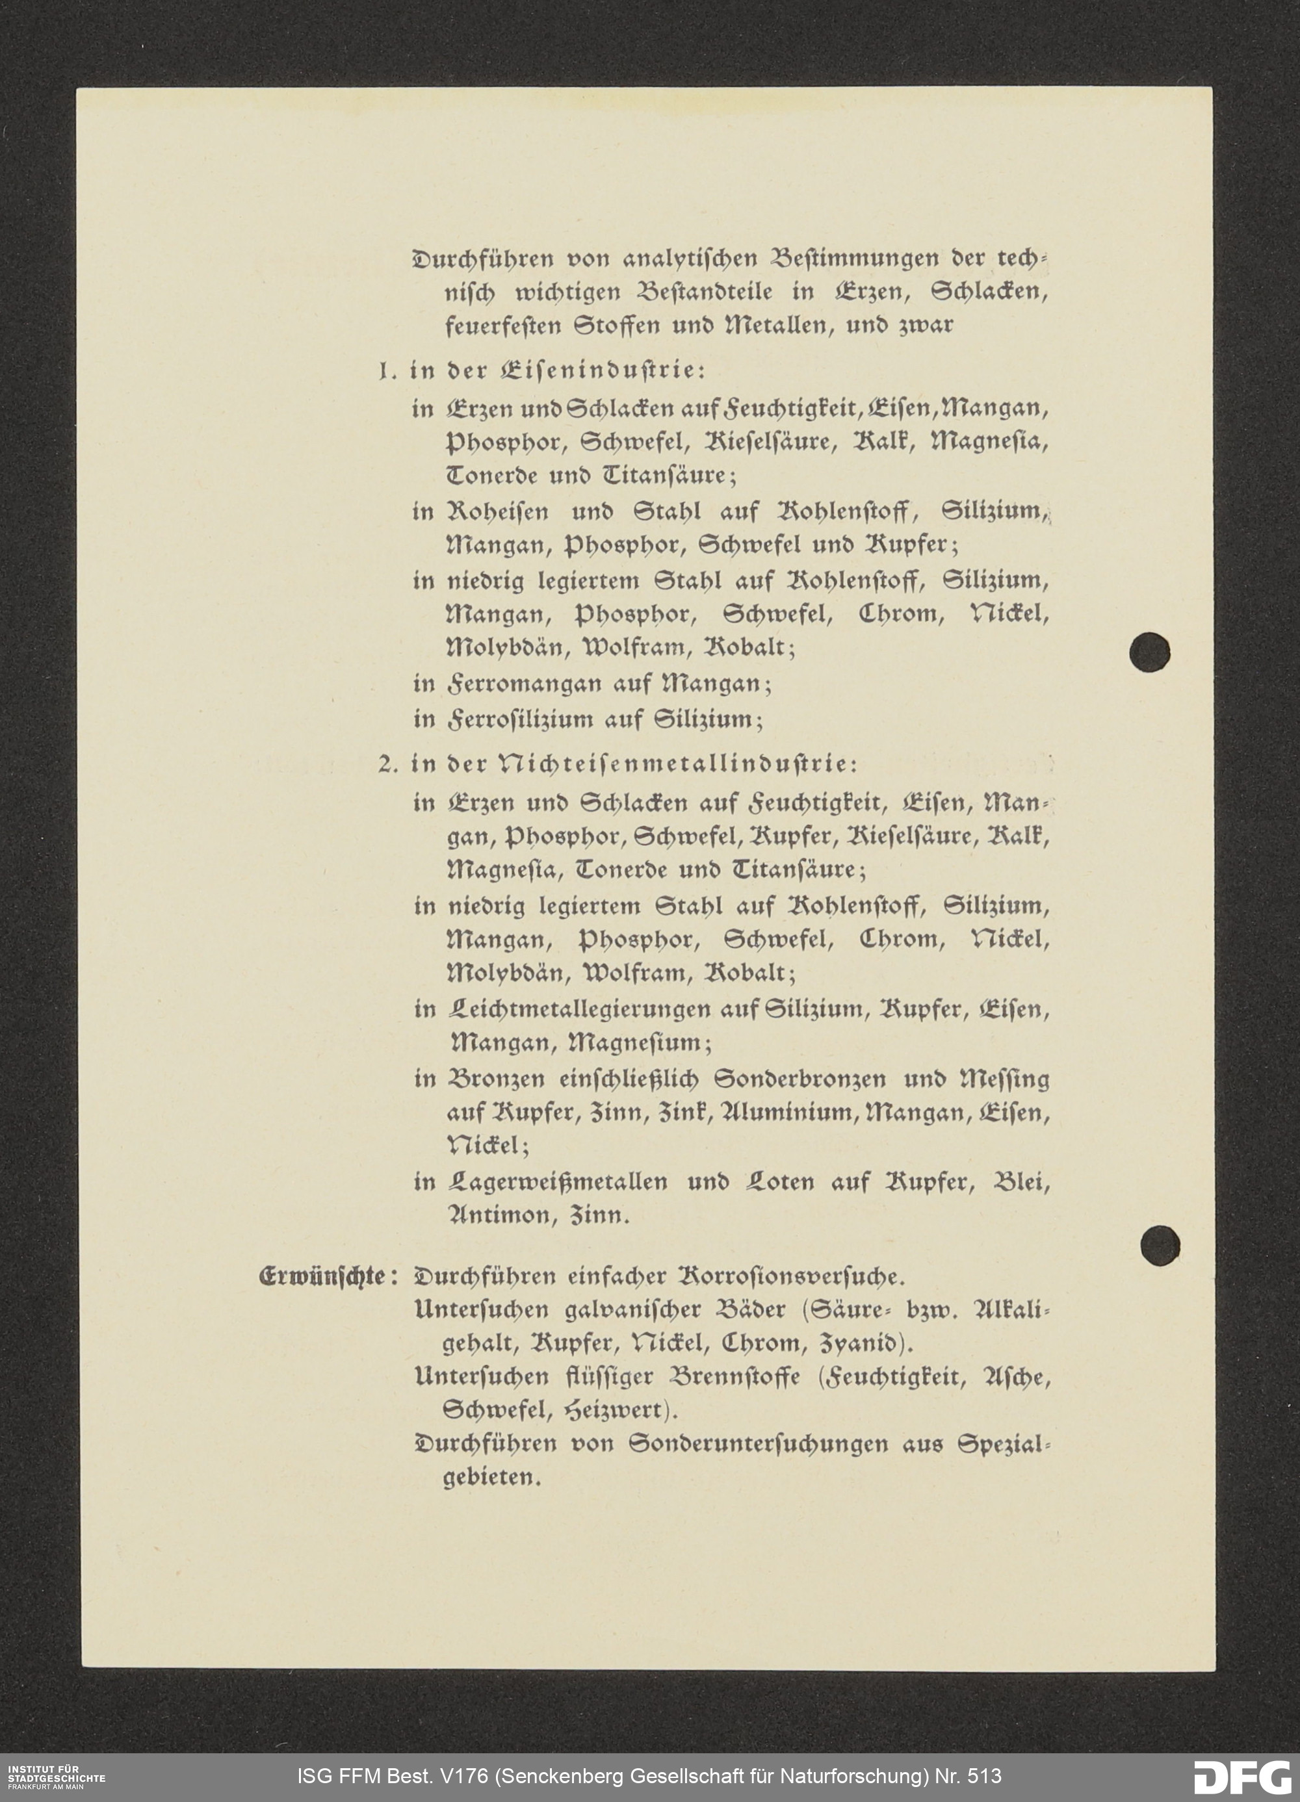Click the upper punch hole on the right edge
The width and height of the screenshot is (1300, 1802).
[1149, 652]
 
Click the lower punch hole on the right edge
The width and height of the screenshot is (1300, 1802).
[1160, 1245]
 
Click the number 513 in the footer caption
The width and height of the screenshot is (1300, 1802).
[979, 1776]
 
